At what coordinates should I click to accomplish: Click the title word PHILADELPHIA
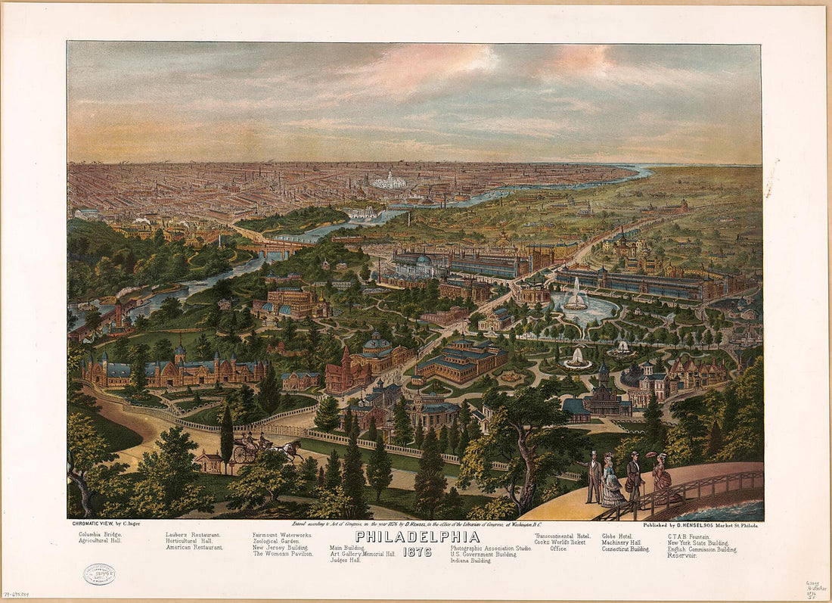pyautogui.click(x=417, y=536)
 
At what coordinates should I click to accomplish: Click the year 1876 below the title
pyautogui.click(x=417, y=552)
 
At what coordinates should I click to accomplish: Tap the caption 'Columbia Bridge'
pyautogui.click(x=100, y=534)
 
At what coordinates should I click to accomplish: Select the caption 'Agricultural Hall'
pyautogui.click(x=100, y=541)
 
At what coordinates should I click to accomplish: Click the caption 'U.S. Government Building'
pyautogui.click(x=483, y=555)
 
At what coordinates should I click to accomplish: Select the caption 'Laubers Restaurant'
pyautogui.click(x=193, y=535)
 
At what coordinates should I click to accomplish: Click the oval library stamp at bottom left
pyautogui.click(x=99, y=574)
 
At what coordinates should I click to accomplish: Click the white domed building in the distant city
pyautogui.click(x=390, y=182)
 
